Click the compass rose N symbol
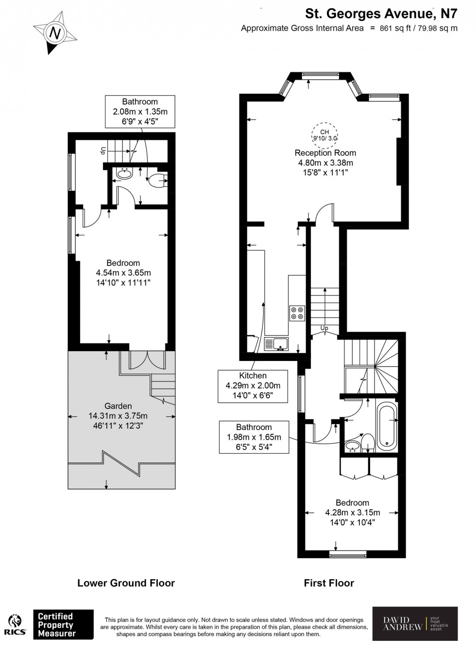(x=55, y=33)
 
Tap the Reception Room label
(x=325, y=153)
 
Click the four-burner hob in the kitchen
(x=297, y=313)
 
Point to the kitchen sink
(x=276, y=344)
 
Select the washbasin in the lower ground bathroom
(x=125, y=173)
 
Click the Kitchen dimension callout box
(x=253, y=386)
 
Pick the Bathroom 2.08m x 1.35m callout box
(x=140, y=111)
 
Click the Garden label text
(x=118, y=406)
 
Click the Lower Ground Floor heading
(x=126, y=583)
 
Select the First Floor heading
(x=329, y=583)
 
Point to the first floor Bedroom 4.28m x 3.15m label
(x=352, y=513)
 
